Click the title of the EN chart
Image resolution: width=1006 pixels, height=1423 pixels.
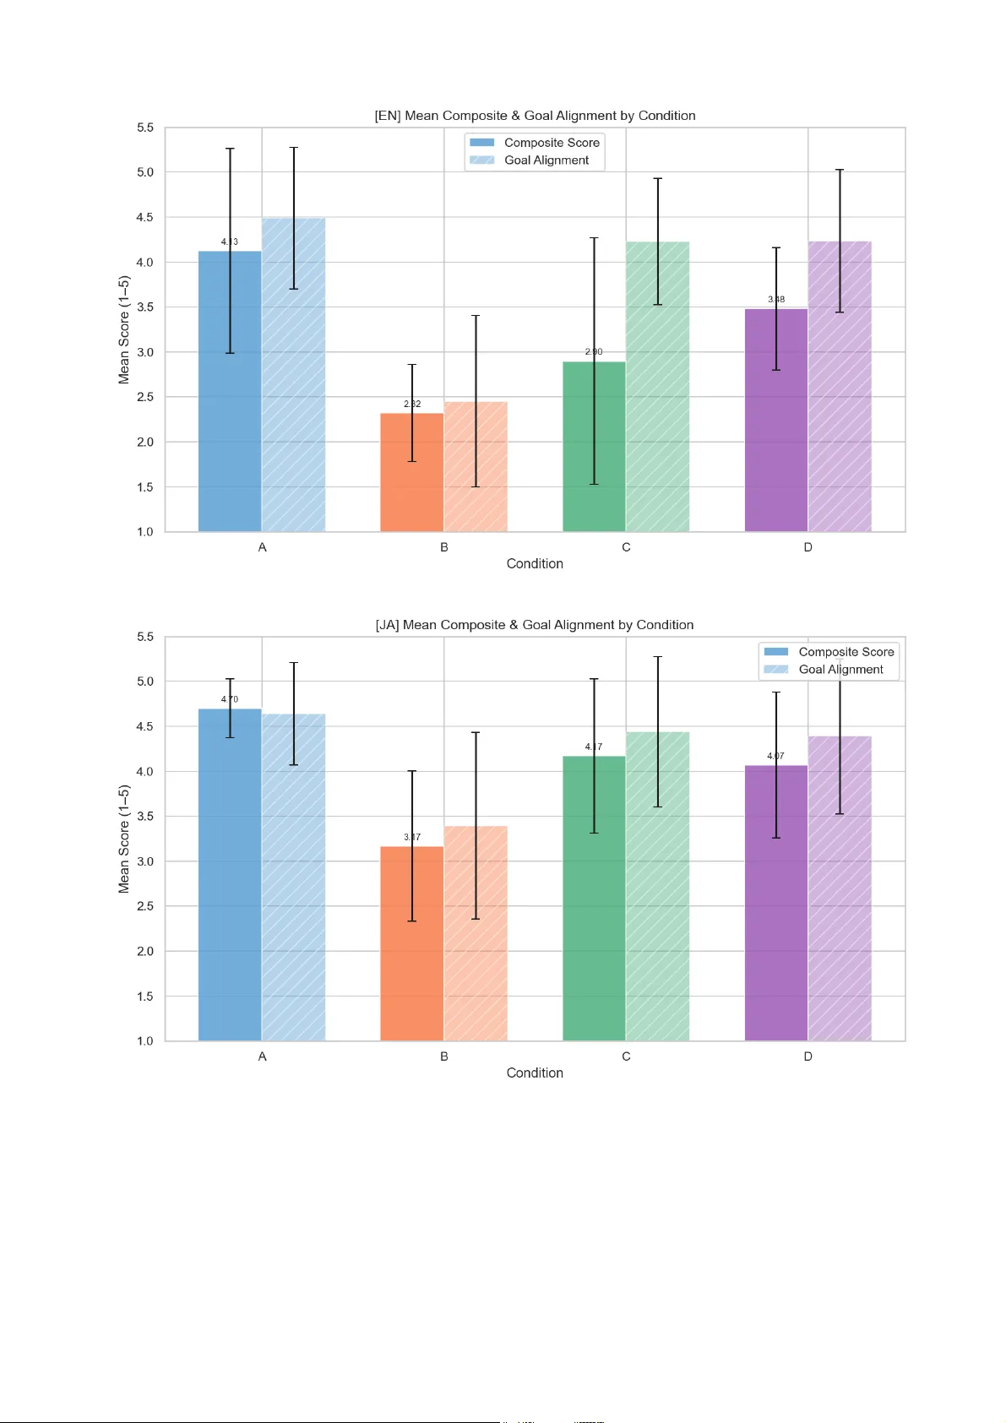535,116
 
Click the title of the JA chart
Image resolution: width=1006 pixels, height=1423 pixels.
535,625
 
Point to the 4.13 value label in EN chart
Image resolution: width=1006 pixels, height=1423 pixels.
230,242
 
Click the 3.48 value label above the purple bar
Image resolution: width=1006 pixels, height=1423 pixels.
776,299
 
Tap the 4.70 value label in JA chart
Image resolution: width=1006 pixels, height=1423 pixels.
230,699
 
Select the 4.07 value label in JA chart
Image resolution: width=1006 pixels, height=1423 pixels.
775,756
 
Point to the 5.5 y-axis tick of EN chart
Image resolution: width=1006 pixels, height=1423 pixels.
145,128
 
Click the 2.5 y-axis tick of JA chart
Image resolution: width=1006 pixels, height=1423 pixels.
145,906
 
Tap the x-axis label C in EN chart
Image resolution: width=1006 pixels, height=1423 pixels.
626,547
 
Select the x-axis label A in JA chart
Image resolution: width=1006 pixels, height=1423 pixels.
262,1056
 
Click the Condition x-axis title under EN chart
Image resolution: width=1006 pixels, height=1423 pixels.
535,563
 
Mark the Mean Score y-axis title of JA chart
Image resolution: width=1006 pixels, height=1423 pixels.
124,839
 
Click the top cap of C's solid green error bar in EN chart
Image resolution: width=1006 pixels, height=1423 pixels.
594,238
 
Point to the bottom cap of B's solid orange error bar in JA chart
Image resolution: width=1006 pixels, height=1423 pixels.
412,921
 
